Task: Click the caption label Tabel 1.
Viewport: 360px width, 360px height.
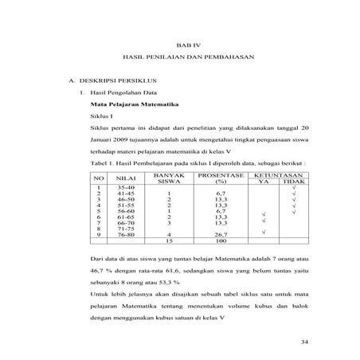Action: coord(103,160)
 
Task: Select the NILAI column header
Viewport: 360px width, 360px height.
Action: coord(126,178)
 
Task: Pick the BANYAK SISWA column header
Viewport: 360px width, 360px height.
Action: coord(169,178)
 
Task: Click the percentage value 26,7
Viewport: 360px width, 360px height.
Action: coord(221,236)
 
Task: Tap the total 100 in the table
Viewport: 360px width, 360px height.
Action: coord(221,242)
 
